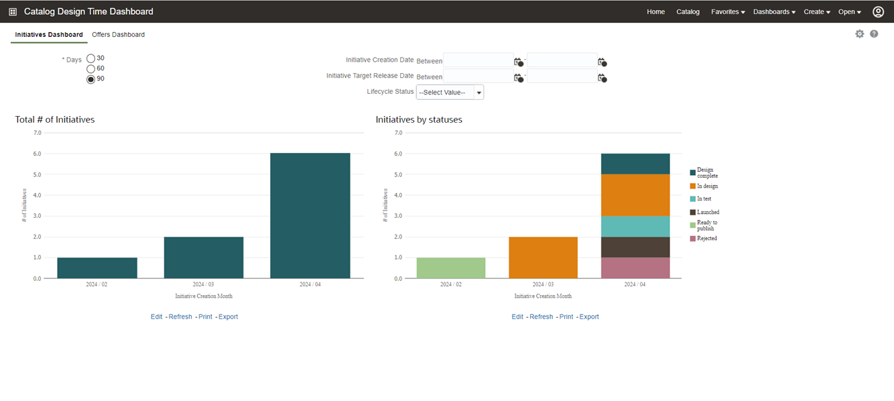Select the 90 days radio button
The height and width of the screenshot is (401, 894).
pyautogui.click(x=91, y=79)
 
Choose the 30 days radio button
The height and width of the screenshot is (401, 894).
pyautogui.click(x=91, y=58)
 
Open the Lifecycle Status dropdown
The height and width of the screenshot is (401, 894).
pyautogui.click(x=450, y=93)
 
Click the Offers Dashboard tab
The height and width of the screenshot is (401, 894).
pyautogui.click(x=118, y=35)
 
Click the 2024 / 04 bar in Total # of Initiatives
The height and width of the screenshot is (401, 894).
pyautogui.click(x=310, y=215)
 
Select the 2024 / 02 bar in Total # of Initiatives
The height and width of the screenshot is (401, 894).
pyautogui.click(x=97, y=268)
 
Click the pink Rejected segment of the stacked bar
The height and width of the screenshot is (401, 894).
pyautogui.click(x=635, y=268)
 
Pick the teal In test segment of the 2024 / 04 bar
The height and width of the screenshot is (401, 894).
pyautogui.click(x=635, y=226)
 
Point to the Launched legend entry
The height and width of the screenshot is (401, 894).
pyautogui.click(x=708, y=212)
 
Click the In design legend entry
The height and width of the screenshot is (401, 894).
pyautogui.click(x=707, y=186)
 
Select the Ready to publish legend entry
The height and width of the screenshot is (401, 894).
pyautogui.click(x=706, y=225)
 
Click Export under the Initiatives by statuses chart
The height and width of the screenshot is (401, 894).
pyautogui.click(x=589, y=317)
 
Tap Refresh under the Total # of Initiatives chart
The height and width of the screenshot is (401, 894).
pyautogui.click(x=180, y=317)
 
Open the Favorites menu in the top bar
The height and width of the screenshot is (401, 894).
pyautogui.click(x=728, y=12)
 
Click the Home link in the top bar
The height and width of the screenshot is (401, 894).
pyautogui.click(x=655, y=12)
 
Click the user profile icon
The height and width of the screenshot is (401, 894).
pyautogui.click(x=878, y=12)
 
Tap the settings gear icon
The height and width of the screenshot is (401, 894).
pyautogui.click(x=860, y=34)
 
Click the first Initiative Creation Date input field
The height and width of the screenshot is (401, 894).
pyautogui.click(x=478, y=61)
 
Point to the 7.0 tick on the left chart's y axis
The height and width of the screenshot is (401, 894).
pyautogui.click(x=37, y=133)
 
